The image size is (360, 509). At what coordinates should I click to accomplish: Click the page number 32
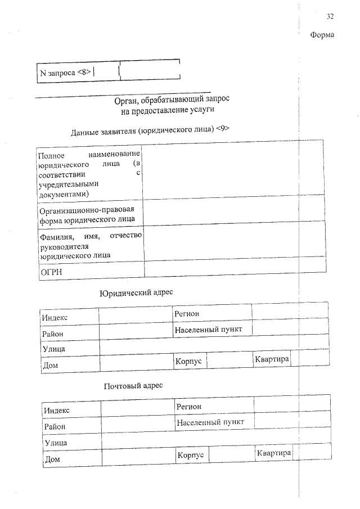coord(330,16)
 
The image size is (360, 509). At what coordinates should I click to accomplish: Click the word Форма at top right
coord(322,35)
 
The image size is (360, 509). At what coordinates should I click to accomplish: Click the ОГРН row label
coord(51,272)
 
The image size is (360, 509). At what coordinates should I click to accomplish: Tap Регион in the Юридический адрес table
coord(187,313)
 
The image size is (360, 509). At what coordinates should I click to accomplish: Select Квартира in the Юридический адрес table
coord(272,359)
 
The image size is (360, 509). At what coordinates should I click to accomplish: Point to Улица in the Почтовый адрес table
coord(55,443)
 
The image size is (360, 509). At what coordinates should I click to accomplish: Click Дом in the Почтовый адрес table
coord(52,459)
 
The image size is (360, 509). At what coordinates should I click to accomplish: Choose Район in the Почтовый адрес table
coord(55,427)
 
